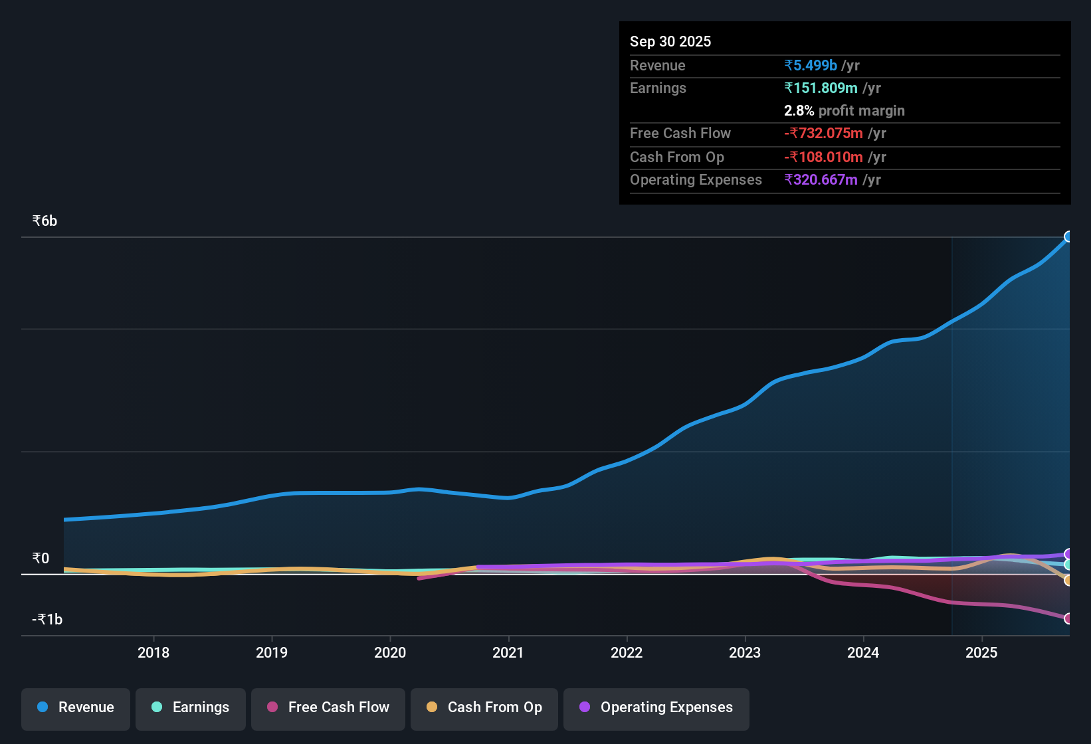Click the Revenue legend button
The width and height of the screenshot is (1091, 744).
76,707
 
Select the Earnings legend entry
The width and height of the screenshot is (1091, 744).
191,707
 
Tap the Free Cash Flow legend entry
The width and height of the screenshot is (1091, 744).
328,707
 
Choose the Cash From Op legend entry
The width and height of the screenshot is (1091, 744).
484,707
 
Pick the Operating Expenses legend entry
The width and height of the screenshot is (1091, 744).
656,707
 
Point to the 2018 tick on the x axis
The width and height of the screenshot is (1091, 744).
153,652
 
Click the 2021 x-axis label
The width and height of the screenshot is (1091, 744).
508,652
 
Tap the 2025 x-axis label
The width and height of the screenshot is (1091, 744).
981,652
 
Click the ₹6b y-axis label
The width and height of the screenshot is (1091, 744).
45,221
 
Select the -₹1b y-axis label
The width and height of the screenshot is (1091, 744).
47,619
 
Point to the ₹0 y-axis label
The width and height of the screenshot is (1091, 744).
41,558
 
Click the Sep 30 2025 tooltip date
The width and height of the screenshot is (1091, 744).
670,41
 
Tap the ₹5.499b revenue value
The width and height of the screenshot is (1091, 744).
811,65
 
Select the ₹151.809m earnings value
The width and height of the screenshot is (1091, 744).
821,88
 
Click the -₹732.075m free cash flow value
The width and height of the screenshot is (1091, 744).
823,133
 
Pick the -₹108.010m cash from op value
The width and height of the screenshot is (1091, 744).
823,157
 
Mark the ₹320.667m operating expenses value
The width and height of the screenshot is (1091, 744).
821,179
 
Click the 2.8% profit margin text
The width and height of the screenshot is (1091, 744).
844,110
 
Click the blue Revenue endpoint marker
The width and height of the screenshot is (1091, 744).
1068,236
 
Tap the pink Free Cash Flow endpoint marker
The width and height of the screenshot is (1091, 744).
1068,618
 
